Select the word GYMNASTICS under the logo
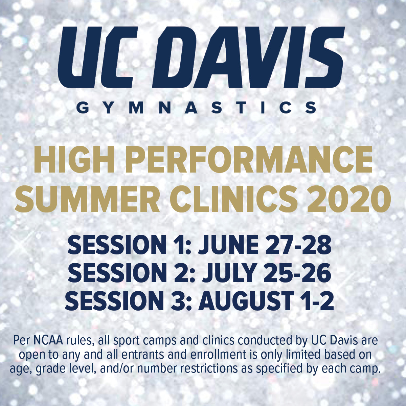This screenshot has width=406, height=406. [196, 108]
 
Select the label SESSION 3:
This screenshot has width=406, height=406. [129, 301]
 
